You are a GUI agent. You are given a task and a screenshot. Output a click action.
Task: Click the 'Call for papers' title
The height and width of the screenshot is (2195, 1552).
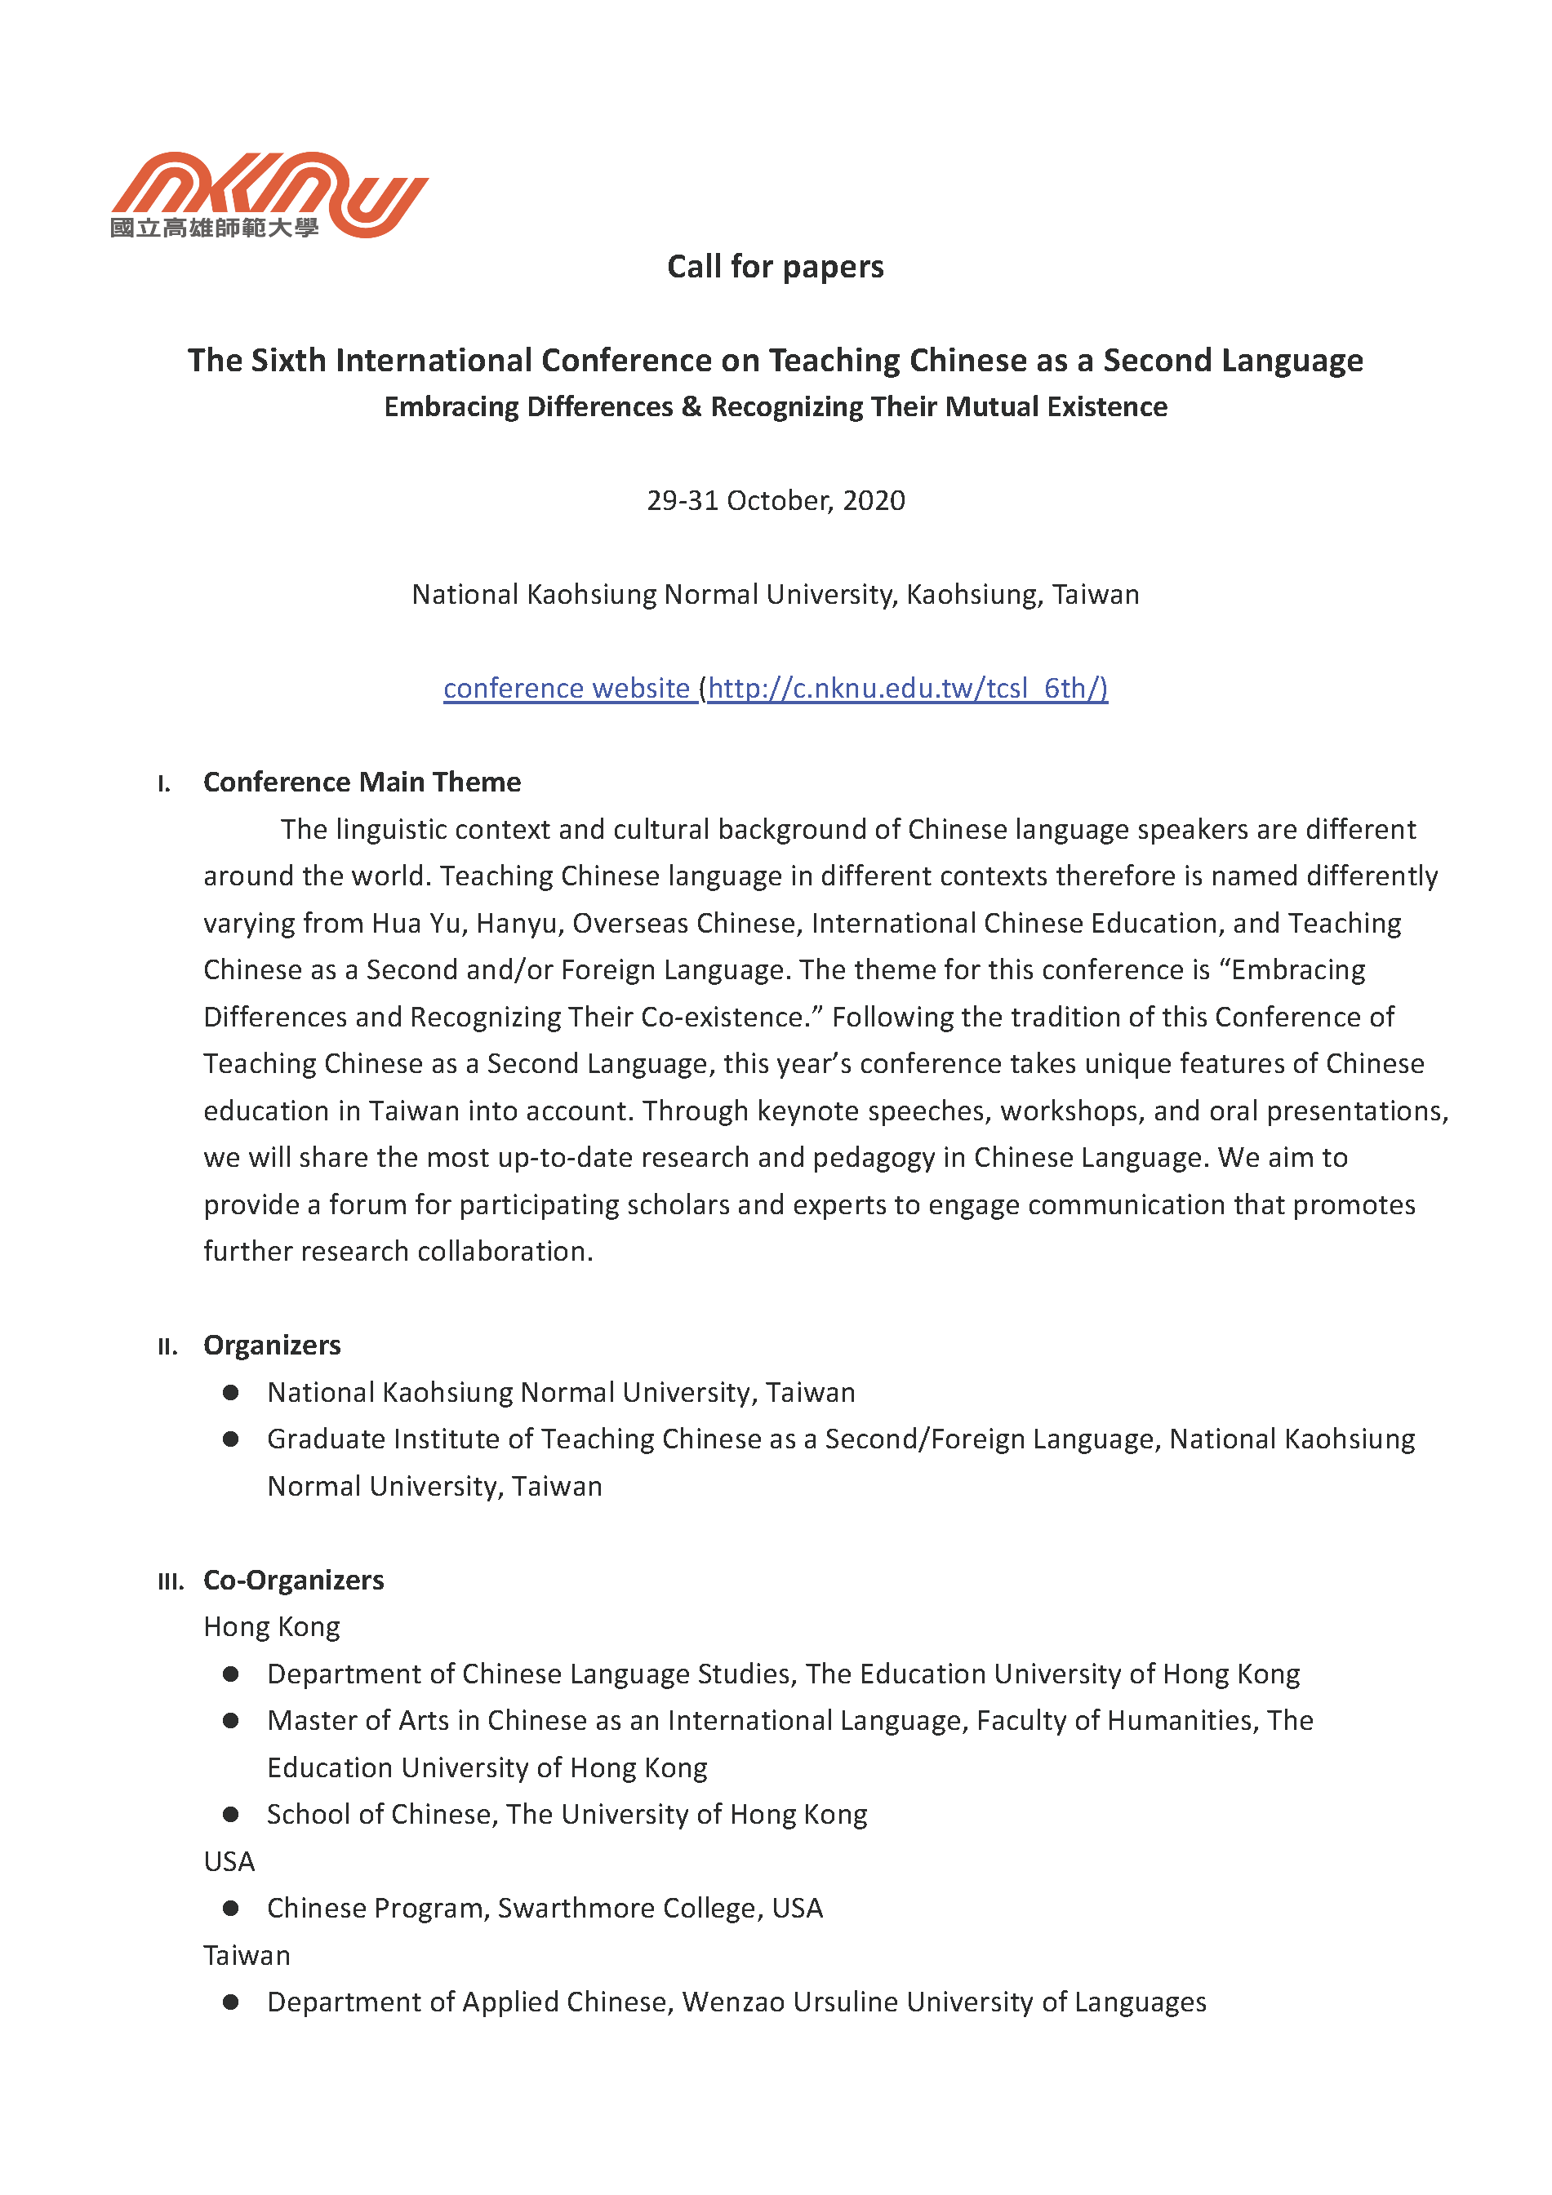pyautogui.click(x=775, y=267)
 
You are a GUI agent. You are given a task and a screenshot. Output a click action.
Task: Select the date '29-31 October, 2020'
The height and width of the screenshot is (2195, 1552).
pyautogui.click(x=775, y=501)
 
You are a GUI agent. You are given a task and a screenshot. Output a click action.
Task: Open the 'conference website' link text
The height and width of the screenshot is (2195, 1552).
pyautogui.click(x=566, y=689)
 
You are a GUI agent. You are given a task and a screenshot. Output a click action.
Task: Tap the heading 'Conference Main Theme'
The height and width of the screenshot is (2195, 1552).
pyautogui.click(x=362, y=782)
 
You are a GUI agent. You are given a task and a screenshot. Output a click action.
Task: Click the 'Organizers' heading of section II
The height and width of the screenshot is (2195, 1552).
pyautogui.click(x=272, y=1345)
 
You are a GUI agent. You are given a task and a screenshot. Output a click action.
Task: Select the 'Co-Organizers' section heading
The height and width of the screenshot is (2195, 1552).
pyautogui.click(x=294, y=1581)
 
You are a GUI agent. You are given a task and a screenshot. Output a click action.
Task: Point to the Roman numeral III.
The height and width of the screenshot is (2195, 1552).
pyautogui.click(x=170, y=1582)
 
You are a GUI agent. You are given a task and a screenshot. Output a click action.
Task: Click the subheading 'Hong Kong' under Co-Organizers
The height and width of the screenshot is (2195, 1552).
pyautogui.click(x=272, y=1627)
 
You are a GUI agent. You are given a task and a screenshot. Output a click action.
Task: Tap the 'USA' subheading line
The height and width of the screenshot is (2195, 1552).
pyautogui.click(x=229, y=1861)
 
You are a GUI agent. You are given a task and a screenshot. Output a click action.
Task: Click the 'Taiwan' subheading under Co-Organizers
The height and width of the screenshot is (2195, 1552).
pyautogui.click(x=247, y=1955)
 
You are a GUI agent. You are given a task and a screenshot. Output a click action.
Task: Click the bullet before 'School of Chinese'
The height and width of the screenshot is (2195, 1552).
pyautogui.click(x=230, y=1815)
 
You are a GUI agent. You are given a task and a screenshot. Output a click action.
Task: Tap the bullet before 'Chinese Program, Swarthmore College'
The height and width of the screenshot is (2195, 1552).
pyautogui.click(x=230, y=1909)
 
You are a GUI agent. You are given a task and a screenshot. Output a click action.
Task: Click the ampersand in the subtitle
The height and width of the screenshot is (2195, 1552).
pyautogui.click(x=692, y=407)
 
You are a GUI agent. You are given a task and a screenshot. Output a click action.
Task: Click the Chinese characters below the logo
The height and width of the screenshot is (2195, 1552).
pyautogui.click(x=214, y=228)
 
